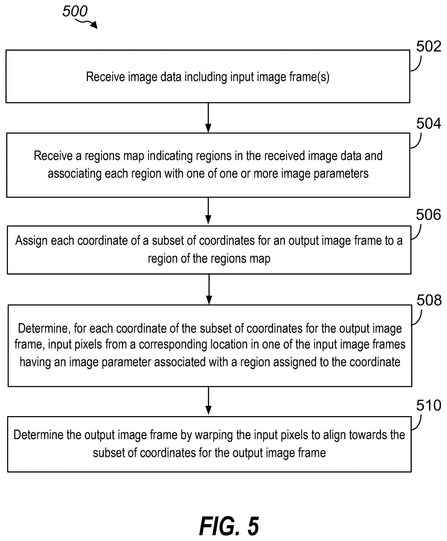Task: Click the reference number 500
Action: click(x=75, y=11)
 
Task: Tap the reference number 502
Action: click(x=429, y=46)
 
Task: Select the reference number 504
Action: click(x=429, y=123)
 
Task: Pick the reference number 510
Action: click(x=429, y=405)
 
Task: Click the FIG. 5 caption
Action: click(x=229, y=526)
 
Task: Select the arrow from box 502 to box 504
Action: click(x=208, y=118)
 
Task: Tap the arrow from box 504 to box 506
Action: click(x=208, y=210)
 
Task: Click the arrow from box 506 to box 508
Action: click(x=209, y=289)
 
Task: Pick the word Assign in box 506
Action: click(x=31, y=241)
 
